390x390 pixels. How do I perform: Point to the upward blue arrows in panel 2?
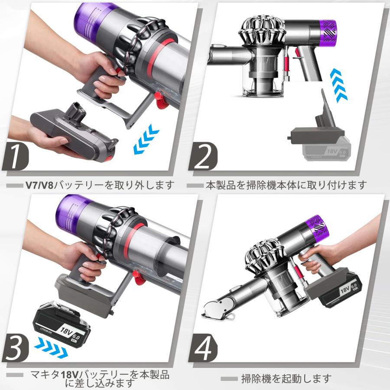point(338,84)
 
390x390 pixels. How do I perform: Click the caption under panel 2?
point(286,185)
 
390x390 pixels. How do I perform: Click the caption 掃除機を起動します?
point(286,378)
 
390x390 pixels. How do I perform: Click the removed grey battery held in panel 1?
point(74,130)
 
